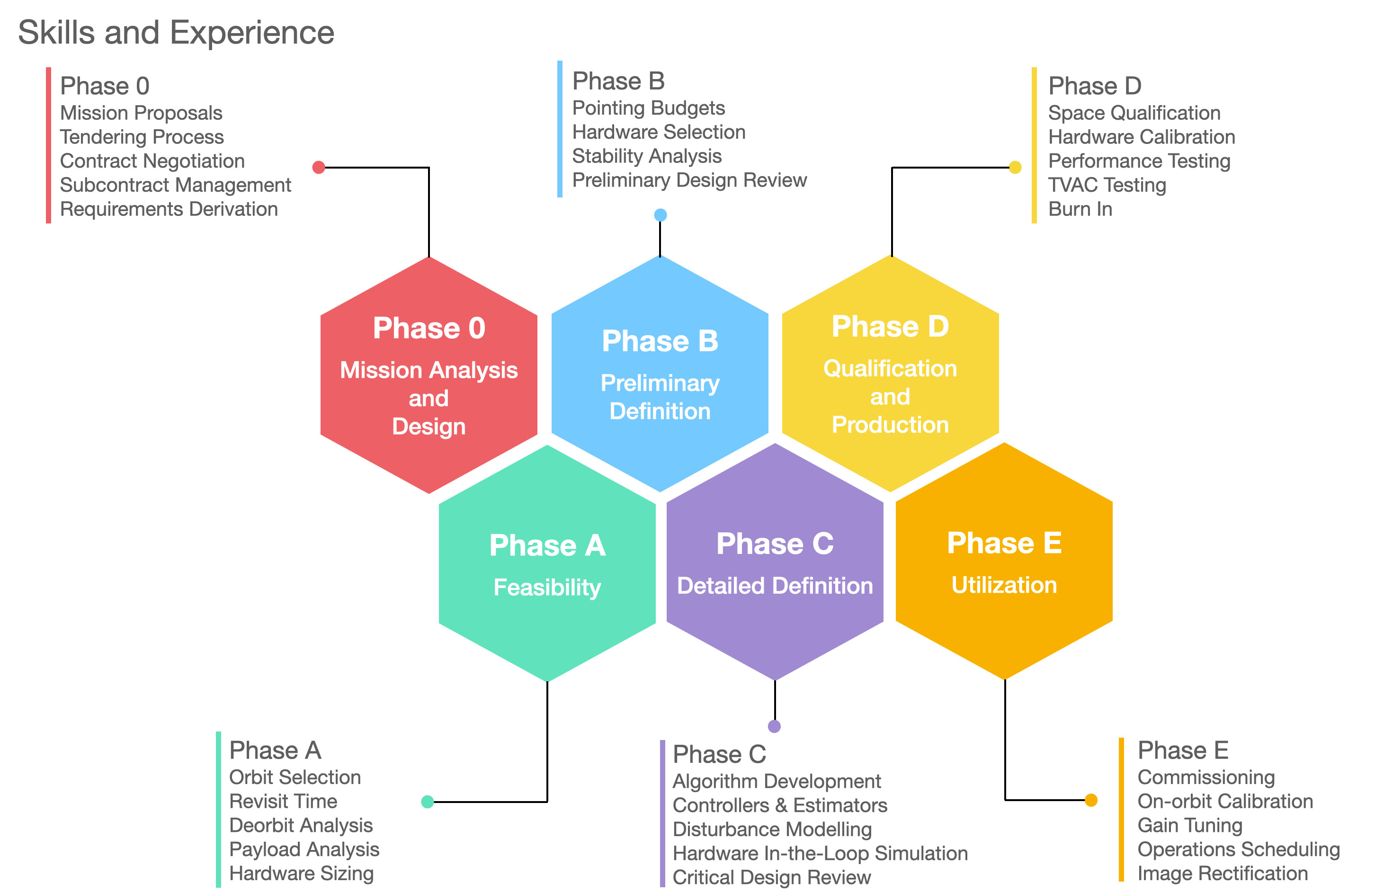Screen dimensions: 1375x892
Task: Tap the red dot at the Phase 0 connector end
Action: (318, 168)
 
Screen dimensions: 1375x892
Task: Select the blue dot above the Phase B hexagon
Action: (661, 215)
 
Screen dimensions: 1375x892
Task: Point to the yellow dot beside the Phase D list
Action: (1015, 168)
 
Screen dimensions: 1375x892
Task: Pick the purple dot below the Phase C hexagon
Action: (775, 726)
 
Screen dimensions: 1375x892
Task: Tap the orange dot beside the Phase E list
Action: (1091, 800)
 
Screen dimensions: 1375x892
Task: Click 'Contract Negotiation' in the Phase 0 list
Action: (152, 161)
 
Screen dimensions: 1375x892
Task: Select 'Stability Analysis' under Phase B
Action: (647, 156)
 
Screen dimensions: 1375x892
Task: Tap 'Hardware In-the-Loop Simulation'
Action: (821, 853)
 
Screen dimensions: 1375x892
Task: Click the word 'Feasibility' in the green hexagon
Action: (547, 588)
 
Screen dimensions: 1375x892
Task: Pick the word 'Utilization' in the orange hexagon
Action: (1004, 585)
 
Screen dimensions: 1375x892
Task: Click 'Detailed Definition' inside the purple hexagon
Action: (775, 586)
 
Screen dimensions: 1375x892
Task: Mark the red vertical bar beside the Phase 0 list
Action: (48, 145)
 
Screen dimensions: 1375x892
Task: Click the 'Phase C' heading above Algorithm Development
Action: (720, 755)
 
